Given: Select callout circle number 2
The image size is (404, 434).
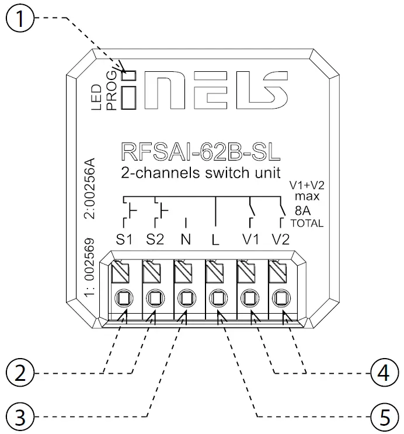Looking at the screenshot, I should [22, 372].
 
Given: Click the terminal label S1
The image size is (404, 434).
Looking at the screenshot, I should [124, 239].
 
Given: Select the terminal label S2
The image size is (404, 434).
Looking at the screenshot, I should [156, 239].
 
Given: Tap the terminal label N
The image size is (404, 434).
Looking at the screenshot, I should [186, 239].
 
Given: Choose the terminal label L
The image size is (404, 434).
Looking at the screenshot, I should [216, 239].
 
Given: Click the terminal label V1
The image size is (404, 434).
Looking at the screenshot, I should [251, 239].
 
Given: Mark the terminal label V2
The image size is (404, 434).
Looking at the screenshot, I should [281, 239].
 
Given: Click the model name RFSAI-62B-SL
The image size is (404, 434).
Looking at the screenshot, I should [200, 151].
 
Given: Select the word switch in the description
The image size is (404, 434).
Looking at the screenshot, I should [219, 173].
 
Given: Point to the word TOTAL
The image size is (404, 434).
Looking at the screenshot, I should [307, 224].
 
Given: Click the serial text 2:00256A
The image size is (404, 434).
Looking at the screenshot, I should [90, 189].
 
